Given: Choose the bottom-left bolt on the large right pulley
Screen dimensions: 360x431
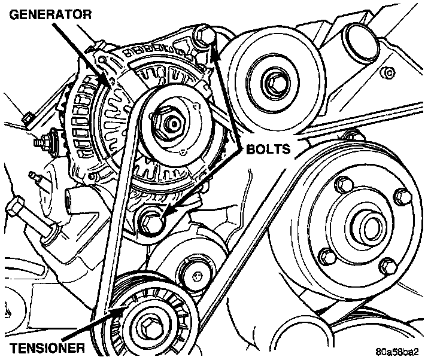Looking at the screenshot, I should coord(329,258).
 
